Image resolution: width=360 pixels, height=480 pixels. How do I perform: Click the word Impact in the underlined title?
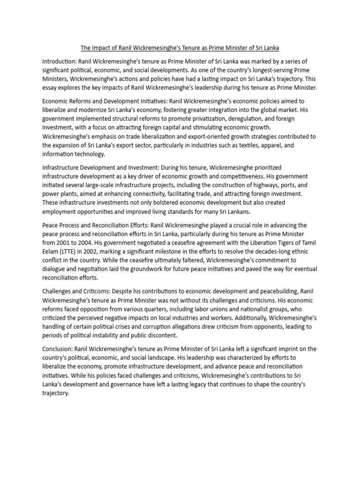[x=103, y=48]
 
